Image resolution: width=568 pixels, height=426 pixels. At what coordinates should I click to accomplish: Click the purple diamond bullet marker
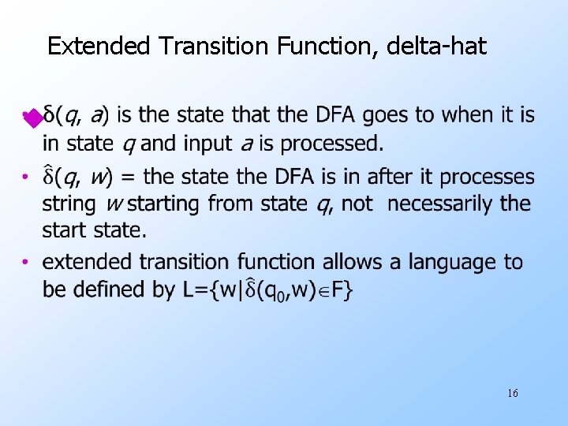click(x=31, y=119)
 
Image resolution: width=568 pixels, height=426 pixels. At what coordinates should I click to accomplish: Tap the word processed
click(x=332, y=144)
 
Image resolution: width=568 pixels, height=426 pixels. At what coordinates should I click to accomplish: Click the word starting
click(x=164, y=204)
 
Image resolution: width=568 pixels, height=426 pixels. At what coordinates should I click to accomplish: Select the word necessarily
click(x=443, y=204)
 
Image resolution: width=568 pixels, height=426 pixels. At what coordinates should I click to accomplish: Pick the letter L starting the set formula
click(x=189, y=290)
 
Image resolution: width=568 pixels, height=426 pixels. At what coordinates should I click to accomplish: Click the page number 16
click(x=513, y=393)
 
